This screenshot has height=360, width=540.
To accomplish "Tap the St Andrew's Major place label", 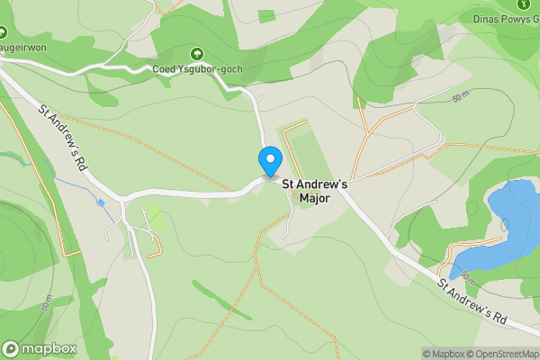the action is pos(315,191).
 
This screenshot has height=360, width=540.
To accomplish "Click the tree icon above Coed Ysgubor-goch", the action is pos(197,52).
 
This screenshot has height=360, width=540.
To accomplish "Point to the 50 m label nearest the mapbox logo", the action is pos(47,302).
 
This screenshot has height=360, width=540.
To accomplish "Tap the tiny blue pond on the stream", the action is pos(101,202).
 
